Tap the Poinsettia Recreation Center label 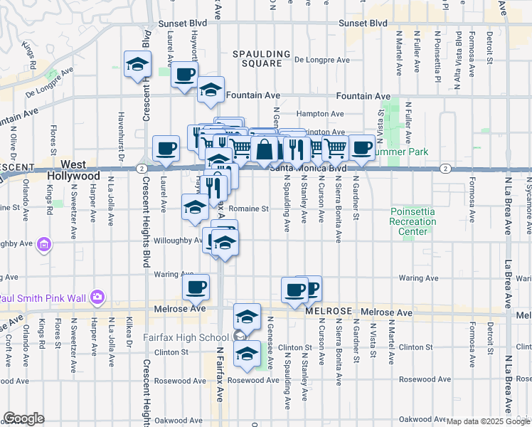click(413, 221)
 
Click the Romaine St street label click(250, 209)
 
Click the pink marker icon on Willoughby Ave click(44, 245)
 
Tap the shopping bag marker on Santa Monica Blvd click(264, 149)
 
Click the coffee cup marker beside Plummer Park click(361, 147)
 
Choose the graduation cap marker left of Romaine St click(195, 207)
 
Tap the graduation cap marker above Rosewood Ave click(247, 353)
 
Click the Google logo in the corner click(23, 418)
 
